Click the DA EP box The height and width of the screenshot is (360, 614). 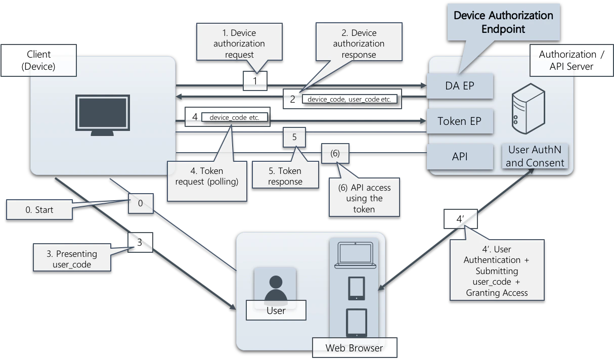[x=460, y=85]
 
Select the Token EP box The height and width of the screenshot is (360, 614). [x=460, y=121]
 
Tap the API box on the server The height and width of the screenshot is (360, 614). [x=460, y=156]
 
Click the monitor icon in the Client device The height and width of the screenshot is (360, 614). [x=103, y=115]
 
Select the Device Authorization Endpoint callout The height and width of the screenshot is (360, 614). [x=503, y=22]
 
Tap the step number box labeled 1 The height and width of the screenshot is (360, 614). [x=255, y=81]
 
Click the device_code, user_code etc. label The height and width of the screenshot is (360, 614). [x=349, y=99]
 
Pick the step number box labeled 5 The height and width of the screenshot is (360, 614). [x=294, y=137]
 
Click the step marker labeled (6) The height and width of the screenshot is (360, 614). [x=335, y=154]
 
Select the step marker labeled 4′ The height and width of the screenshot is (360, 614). [x=460, y=219]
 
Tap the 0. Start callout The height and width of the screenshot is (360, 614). [x=39, y=209]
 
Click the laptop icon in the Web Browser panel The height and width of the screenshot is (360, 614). [x=354, y=255]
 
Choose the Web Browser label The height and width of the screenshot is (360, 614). [x=354, y=348]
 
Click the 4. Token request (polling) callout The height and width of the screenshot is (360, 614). [x=207, y=176]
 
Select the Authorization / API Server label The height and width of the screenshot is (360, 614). [x=567, y=60]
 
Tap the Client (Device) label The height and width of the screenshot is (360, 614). [x=38, y=60]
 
